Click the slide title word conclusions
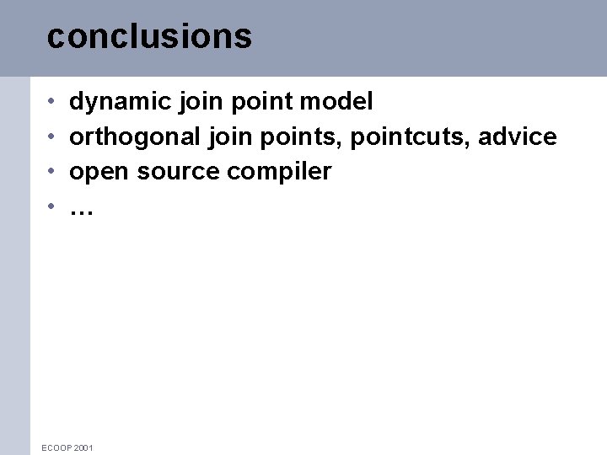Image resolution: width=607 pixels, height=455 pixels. pos(149,36)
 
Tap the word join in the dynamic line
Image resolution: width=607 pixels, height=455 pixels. pos(198,103)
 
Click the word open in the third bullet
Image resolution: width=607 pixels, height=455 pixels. pos(99,173)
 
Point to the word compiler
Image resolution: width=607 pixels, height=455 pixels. pos(279,173)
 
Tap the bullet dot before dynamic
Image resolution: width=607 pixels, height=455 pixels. pos(51,103)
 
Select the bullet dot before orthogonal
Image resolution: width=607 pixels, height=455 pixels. pos(51,137)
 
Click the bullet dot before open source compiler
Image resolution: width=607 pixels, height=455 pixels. pos(51,172)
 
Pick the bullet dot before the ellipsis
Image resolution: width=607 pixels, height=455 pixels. pos(51,206)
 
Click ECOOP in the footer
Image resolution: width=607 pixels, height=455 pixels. pos(56,447)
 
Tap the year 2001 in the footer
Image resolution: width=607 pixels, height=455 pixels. pos(83,447)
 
